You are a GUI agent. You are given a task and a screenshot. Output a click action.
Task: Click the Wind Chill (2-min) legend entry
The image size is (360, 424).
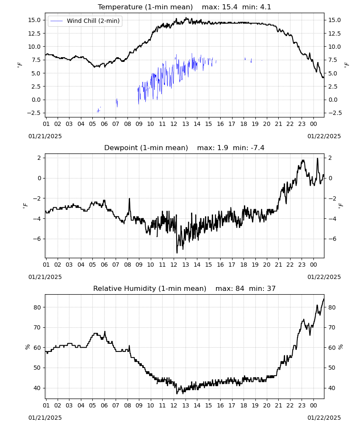point(85,21)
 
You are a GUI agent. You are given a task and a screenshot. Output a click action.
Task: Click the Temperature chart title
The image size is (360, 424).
point(145,7)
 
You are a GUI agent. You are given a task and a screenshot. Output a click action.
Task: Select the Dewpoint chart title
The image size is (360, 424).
point(146,148)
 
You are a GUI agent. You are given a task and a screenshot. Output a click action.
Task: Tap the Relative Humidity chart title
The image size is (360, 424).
point(150,288)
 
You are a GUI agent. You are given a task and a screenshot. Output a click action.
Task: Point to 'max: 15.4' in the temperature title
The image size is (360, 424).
point(219,7)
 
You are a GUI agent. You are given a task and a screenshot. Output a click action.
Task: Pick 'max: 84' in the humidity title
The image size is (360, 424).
point(230,288)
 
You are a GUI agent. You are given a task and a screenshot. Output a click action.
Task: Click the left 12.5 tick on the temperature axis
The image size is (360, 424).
point(34,33)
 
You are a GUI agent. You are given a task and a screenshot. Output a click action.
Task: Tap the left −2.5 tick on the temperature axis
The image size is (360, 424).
point(34,113)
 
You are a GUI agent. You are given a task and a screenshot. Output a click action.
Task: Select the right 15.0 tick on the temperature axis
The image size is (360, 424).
point(334,20)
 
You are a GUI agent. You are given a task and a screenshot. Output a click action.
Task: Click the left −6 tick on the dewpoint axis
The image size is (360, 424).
point(37,239)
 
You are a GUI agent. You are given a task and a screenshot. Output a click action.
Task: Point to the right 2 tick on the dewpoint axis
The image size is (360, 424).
point(330,158)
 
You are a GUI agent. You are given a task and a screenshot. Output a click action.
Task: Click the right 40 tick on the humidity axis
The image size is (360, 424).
point(332,388)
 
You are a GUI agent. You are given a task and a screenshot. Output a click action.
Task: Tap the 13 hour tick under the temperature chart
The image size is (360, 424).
point(186,124)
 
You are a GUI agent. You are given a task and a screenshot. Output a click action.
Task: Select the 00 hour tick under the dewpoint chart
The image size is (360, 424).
point(313,265)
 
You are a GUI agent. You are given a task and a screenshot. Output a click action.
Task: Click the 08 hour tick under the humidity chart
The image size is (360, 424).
point(127,406)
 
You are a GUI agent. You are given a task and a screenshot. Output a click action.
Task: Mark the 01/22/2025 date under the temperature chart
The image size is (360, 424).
point(324,136)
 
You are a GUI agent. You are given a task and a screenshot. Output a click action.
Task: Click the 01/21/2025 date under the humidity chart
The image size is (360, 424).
point(45,418)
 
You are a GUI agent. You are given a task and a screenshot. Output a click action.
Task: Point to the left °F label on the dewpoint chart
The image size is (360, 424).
point(25,206)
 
